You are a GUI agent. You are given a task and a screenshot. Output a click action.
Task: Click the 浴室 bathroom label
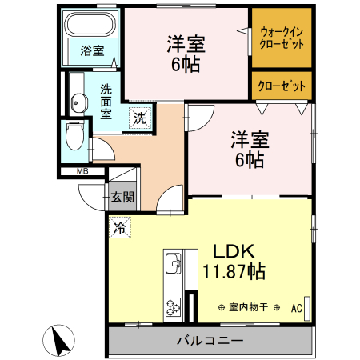tap(91, 51)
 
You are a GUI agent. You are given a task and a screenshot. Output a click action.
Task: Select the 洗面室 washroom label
tap(105, 100)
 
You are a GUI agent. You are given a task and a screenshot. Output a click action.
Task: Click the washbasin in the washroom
tap(78, 101)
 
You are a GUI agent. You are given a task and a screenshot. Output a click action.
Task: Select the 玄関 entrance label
tap(122, 197)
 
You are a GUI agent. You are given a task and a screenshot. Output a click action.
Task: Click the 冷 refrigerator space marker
tap(120, 226)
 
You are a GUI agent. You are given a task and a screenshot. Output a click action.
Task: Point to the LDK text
tap(233, 250)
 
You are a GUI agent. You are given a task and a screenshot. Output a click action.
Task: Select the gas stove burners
tap(173, 306)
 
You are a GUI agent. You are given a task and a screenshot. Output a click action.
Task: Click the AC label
tap(296, 307)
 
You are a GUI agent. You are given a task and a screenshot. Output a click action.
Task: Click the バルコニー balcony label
tap(210, 341)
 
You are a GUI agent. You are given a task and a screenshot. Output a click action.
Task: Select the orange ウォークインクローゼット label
tap(281, 38)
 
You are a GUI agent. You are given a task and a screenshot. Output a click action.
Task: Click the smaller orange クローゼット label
tap(281, 84)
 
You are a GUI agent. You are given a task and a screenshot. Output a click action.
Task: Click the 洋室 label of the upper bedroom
tap(186, 43)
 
